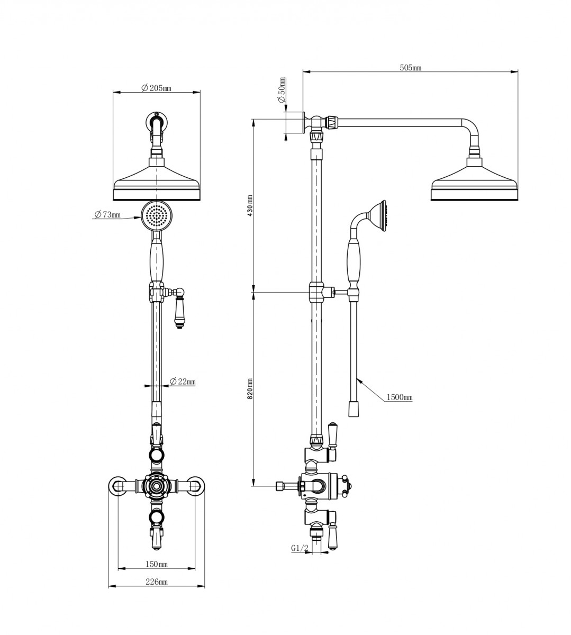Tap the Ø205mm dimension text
157,88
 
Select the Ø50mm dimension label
282,90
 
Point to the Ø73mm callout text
107,214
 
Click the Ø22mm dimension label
183,382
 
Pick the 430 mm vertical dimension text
250,205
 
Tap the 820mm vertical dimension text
250,388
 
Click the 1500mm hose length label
400,397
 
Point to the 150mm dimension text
157,564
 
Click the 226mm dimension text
157,582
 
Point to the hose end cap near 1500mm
354,409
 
